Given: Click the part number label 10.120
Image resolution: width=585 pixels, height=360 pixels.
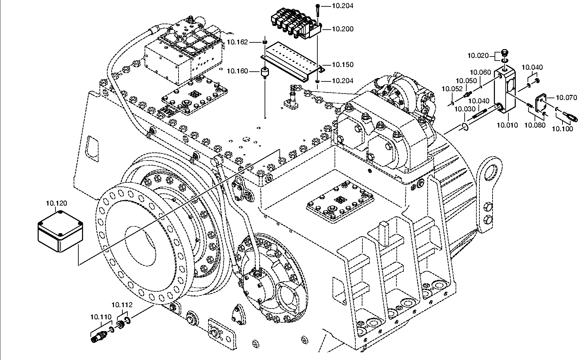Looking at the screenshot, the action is (x=56, y=203).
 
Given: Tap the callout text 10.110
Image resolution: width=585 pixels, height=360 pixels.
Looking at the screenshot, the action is (x=101, y=317).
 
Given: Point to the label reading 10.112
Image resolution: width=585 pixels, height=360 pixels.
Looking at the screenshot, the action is (x=122, y=305).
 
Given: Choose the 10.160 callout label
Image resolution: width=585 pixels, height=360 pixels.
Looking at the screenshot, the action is (x=237, y=71).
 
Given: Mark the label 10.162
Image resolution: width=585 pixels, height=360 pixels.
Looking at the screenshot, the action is (x=237, y=42).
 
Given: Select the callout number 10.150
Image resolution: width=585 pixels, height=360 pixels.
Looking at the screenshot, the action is (x=343, y=65).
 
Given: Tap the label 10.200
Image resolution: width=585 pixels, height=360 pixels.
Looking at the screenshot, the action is (x=343, y=29).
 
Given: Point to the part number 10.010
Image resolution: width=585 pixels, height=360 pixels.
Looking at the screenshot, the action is (x=507, y=125).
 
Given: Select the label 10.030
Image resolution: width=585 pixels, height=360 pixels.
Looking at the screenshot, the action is (x=465, y=109).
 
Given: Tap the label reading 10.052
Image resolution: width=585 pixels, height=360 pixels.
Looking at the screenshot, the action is (x=452, y=89).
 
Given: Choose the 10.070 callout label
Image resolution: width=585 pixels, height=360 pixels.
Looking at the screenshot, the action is (x=566, y=98).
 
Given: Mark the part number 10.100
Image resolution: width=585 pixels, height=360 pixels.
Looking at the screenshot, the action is (x=562, y=129).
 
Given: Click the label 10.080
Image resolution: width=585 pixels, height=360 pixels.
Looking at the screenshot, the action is (x=535, y=125).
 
